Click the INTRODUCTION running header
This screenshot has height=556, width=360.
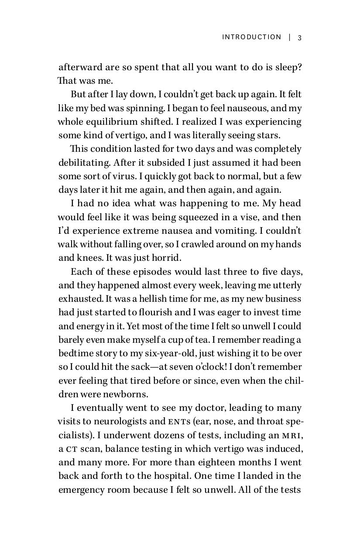[252, 37]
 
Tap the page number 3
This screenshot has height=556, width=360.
[300, 38]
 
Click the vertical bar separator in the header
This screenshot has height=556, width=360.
[290, 37]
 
